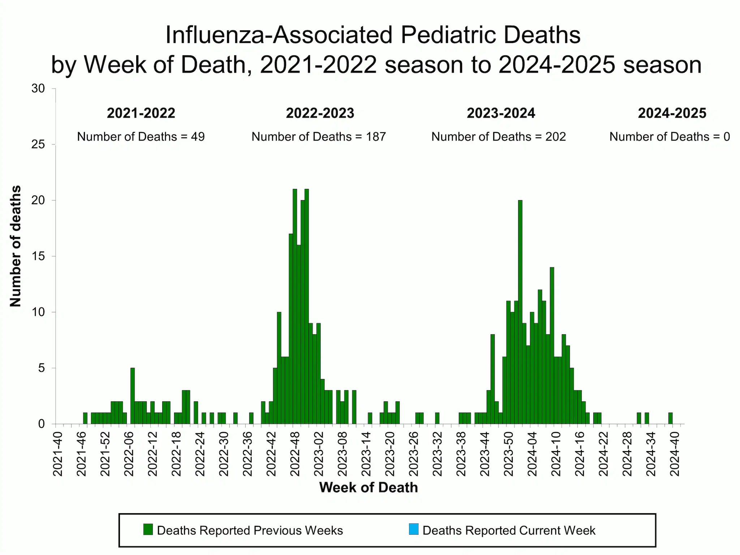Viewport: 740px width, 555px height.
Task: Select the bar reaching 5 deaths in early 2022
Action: (133, 396)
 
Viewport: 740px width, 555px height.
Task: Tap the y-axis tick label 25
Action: (38, 145)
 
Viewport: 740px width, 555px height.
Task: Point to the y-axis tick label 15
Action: (38, 256)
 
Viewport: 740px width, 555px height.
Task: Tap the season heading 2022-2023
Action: (320, 113)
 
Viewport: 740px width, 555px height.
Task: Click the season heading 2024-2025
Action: (672, 113)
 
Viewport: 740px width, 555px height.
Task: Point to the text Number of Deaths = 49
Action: (141, 137)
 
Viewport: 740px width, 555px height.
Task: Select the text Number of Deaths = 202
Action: (499, 137)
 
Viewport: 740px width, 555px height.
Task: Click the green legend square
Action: (148, 529)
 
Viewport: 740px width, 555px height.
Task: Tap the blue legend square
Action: (414, 529)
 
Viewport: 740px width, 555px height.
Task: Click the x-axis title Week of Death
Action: (368, 487)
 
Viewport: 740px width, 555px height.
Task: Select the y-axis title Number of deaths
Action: (16, 246)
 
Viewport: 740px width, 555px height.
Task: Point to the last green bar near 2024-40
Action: (670, 418)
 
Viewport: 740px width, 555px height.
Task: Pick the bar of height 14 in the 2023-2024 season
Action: (552, 345)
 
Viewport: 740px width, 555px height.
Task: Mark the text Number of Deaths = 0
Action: (670, 137)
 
